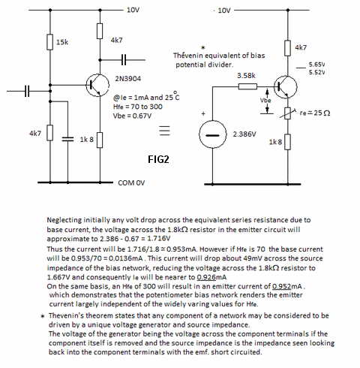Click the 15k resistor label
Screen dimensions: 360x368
click(62, 42)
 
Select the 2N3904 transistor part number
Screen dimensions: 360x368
click(127, 79)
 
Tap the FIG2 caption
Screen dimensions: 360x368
click(158, 159)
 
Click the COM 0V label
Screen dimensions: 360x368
click(131, 182)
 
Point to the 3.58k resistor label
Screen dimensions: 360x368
click(246, 75)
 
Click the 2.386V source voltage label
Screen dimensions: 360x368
click(244, 134)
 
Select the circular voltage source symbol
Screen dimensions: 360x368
click(213, 134)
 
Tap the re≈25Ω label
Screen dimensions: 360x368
click(315, 113)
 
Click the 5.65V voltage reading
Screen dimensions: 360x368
click(316, 65)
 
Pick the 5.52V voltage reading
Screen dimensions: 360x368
click(316, 72)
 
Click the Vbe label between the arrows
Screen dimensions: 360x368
click(265, 101)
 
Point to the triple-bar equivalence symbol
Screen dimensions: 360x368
click(164, 131)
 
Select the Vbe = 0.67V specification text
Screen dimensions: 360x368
click(132, 116)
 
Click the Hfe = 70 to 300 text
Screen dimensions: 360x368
click(138, 107)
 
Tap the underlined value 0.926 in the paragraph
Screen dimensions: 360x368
click(206, 277)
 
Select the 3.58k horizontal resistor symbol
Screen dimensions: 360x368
click(247, 86)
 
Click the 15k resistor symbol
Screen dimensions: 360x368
click(50, 42)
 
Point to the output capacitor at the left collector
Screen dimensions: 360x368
click(124, 60)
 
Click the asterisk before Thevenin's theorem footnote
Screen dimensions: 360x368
click(43, 316)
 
